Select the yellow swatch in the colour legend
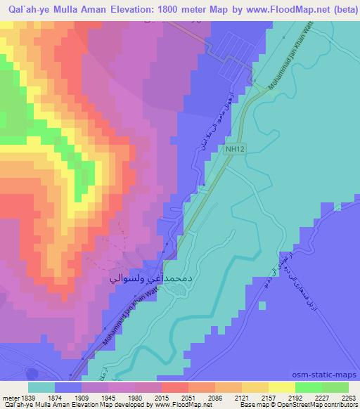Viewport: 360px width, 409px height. pyautogui.click(x=283, y=387)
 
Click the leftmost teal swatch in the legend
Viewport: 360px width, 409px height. pyautogui.click(x=41, y=387)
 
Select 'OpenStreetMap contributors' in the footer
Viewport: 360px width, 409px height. pyautogui.click(x=320, y=405)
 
